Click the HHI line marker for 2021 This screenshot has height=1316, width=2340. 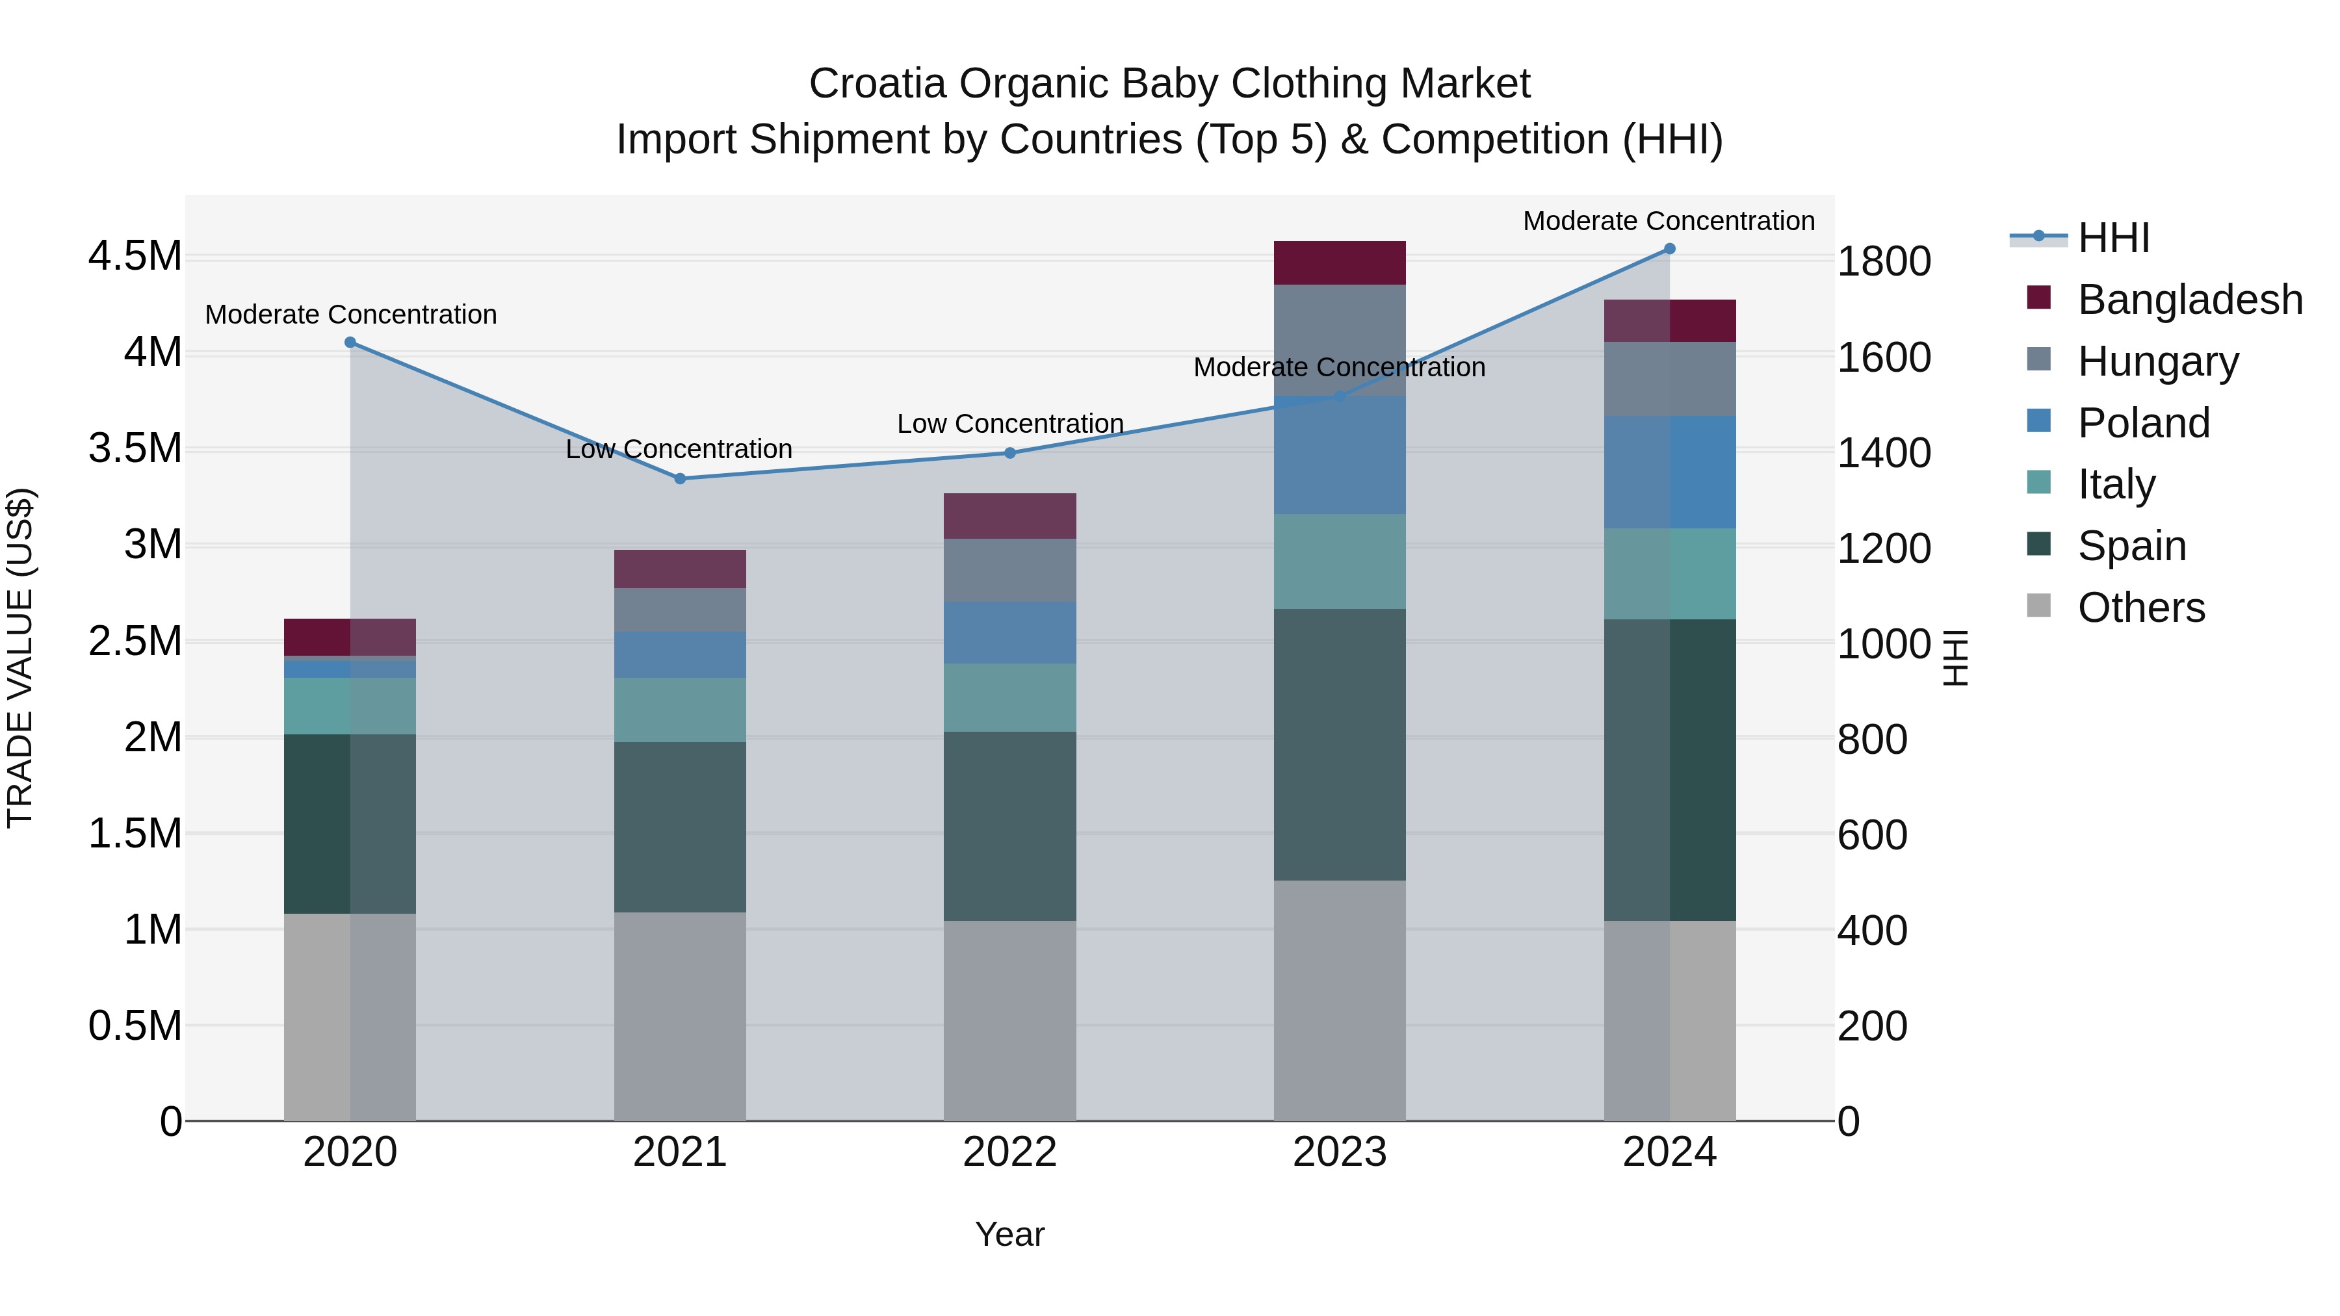(679, 478)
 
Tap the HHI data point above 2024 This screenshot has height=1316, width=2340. (1670, 249)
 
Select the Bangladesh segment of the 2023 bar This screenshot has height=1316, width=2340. (1339, 263)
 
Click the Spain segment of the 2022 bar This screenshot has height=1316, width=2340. (1009, 827)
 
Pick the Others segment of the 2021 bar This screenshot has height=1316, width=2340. (679, 1016)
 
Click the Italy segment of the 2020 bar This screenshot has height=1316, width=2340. (350, 706)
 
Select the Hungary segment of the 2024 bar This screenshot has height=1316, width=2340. (1670, 379)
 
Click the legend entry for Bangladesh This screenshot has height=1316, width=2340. (2189, 299)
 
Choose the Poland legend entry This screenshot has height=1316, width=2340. (2143, 422)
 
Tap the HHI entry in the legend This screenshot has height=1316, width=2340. (2113, 238)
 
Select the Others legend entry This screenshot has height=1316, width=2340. (2140, 608)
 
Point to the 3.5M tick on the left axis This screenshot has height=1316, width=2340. (135, 448)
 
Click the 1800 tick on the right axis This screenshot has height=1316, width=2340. (1883, 261)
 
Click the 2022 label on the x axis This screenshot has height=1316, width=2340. (1009, 1152)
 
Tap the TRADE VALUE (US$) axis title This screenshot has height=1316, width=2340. (20, 658)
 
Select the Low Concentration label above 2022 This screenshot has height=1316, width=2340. (1009, 424)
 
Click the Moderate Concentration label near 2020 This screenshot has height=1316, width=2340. (350, 315)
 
